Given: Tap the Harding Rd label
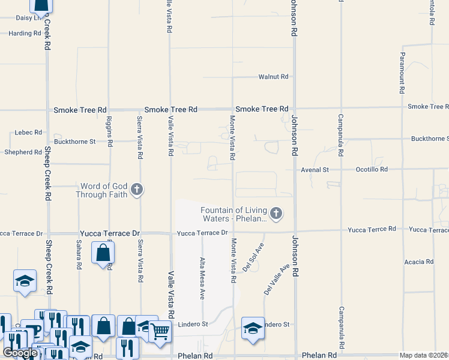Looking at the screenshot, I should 24,33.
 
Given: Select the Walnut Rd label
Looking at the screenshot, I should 273,77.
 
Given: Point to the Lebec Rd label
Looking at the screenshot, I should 29,132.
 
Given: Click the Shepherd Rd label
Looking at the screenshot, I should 22,152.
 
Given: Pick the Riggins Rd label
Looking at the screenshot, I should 109,131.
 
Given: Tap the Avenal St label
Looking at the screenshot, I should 315,170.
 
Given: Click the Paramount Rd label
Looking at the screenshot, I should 401,73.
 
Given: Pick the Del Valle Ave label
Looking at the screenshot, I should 277,278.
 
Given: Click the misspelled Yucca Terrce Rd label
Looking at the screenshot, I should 372,229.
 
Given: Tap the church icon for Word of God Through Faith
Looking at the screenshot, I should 137,190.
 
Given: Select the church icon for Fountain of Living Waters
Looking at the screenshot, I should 276,213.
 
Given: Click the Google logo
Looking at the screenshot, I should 19,353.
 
